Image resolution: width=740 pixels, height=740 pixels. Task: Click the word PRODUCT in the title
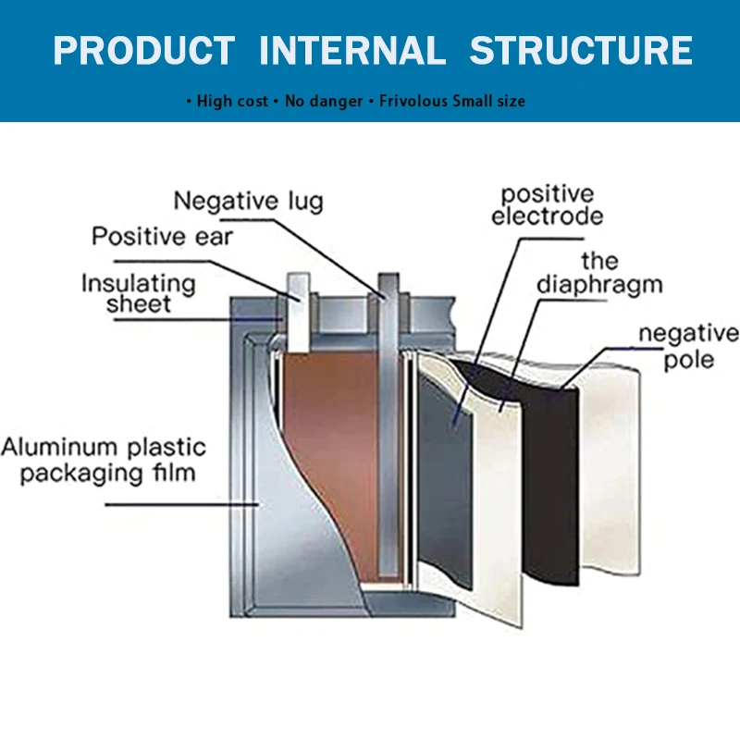[143, 50]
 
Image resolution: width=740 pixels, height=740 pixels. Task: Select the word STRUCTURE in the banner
[580, 50]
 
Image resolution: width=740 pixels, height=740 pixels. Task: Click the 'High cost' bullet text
[232, 101]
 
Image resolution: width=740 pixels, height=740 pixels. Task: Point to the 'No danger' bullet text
[324, 101]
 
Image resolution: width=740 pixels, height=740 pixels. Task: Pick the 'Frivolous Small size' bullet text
[452, 101]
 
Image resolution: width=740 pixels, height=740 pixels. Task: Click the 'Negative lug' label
[249, 201]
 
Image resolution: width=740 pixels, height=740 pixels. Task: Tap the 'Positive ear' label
[163, 237]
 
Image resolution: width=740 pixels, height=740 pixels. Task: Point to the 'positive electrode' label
[547, 205]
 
